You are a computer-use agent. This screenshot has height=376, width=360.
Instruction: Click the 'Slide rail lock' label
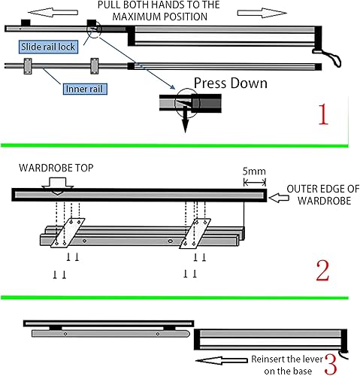(48, 47)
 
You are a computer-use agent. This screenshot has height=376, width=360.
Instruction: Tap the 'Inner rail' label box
(85, 89)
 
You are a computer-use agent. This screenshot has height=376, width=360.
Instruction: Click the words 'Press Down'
(231, 83)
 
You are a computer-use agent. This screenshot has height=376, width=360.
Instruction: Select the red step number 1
(323, 114)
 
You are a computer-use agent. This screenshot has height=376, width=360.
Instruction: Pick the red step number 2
(322, 271)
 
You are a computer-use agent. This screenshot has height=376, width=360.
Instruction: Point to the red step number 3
(331, 364)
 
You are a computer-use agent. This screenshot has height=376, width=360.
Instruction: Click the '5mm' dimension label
(254, 171)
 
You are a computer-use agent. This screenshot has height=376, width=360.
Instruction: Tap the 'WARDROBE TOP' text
(56, 168)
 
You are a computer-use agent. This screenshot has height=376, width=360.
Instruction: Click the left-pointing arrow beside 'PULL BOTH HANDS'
(53, 12)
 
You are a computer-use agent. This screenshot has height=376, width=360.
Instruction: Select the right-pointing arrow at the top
(262, 13)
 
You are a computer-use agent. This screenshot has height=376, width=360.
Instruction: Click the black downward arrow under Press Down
(185, 119)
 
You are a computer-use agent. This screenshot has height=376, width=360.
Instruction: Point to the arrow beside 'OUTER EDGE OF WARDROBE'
(279, 198)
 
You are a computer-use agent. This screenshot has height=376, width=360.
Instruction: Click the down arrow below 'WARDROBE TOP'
(57, 186)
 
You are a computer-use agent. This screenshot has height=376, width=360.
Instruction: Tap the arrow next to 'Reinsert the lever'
(222, 360)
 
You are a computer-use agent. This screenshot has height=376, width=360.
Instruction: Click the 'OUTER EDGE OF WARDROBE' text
(323, 195)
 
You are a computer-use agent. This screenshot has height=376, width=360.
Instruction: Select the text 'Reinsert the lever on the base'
(287, 365)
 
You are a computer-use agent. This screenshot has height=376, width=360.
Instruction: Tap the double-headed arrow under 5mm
(255, 182)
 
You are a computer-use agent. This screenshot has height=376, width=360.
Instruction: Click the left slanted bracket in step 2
(68, 233)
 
